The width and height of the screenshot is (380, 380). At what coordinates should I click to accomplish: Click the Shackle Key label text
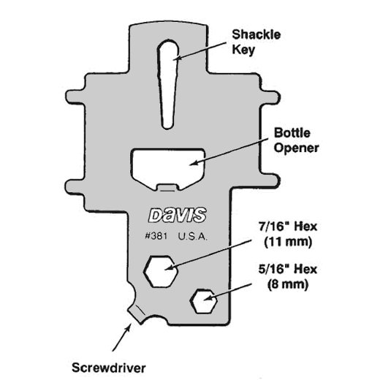click(256, 42)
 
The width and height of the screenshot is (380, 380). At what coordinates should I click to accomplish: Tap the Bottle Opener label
click(296, 140)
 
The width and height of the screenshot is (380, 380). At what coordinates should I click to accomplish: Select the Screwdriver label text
click(109, 368)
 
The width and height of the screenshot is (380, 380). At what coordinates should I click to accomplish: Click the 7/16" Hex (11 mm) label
click(288, 235)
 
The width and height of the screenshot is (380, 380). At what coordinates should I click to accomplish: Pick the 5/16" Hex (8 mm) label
click(288, 277)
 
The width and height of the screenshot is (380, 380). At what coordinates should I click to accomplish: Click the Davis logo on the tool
click(178, 215)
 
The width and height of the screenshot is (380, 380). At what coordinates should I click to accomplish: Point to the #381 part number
click(156, 236)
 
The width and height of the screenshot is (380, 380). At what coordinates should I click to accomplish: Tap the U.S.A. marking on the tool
click(193, 237)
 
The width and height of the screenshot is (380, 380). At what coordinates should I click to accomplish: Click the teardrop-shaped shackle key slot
click(168, 83)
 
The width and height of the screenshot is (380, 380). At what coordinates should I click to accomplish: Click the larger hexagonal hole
click(161, 271)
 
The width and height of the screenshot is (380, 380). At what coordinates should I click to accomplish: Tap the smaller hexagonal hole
click(204, 301)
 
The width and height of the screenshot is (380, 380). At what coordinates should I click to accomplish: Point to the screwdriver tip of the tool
click(134, 315)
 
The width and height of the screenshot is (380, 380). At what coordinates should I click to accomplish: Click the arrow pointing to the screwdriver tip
click(122, 337)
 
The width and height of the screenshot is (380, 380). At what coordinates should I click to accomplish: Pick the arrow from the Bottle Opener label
click(229, 152)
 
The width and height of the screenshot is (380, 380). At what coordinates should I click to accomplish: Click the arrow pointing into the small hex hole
click(227, 292)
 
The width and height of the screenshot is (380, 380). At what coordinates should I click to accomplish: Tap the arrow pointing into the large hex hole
click(208, 255)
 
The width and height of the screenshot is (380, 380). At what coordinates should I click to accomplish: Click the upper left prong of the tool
click(76, 97)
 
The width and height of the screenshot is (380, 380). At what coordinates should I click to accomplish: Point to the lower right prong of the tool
click(270, 180)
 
